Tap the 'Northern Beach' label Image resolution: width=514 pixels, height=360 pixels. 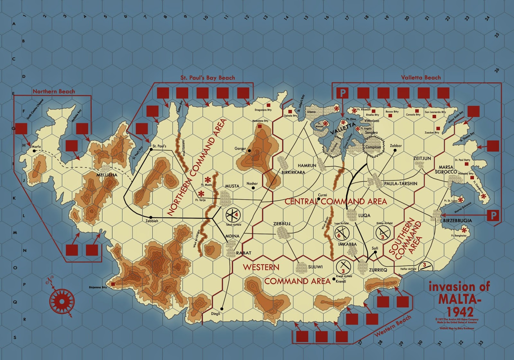click(x=54, y=92)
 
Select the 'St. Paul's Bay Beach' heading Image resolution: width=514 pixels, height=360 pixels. click(x=208, y=78)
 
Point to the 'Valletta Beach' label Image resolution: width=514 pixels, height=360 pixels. click(x=421, y=77)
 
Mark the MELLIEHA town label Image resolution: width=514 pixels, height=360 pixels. click(x=107, y=175)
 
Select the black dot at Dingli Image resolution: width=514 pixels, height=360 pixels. click(x=222, y=309)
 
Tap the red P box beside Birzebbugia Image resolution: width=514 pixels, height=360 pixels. click(x=493, y=215)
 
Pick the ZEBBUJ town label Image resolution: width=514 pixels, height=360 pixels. click(x=282, y=224)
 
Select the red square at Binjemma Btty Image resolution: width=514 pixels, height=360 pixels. click(x=113, y=284)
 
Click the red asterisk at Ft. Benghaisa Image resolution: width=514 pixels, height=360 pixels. click(x=464, y=230)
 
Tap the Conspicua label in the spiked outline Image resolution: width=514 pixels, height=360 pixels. click(x=373, y=147)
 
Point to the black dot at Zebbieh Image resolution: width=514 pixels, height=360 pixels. click(x=151, y=217)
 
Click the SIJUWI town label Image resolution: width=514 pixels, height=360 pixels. click(x=315, y=267)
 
